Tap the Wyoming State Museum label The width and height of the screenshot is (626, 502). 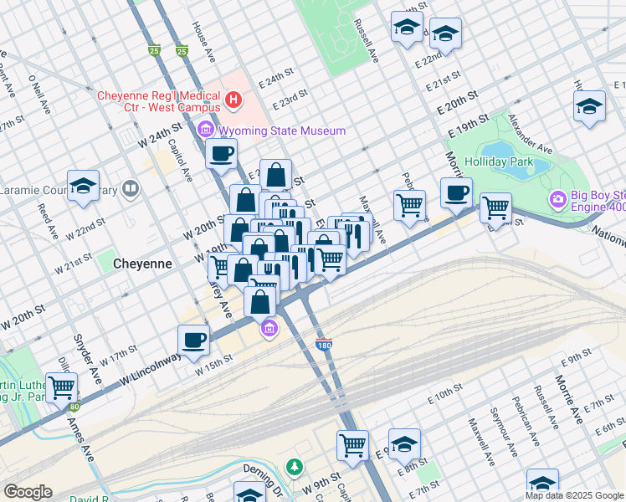(281, 131)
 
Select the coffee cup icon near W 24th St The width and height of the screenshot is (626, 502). (222, 153)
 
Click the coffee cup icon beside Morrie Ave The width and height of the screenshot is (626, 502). (456, 192)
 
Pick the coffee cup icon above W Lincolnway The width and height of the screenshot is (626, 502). (193, 340)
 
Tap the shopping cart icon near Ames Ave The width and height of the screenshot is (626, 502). (62, 387)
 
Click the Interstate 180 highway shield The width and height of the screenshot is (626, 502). (324, 344)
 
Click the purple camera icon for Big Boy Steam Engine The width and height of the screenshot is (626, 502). (557, 201)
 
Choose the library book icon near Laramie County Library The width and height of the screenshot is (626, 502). (130, 189)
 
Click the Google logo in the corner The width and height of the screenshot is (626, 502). (28, 491)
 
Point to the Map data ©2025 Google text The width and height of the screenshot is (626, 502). (574, 495)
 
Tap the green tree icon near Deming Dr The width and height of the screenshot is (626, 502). (293, 466)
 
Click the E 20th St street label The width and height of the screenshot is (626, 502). (455, 105)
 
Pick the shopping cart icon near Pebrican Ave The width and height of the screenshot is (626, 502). (409, 204)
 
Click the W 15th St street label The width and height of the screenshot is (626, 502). (213, 365)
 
